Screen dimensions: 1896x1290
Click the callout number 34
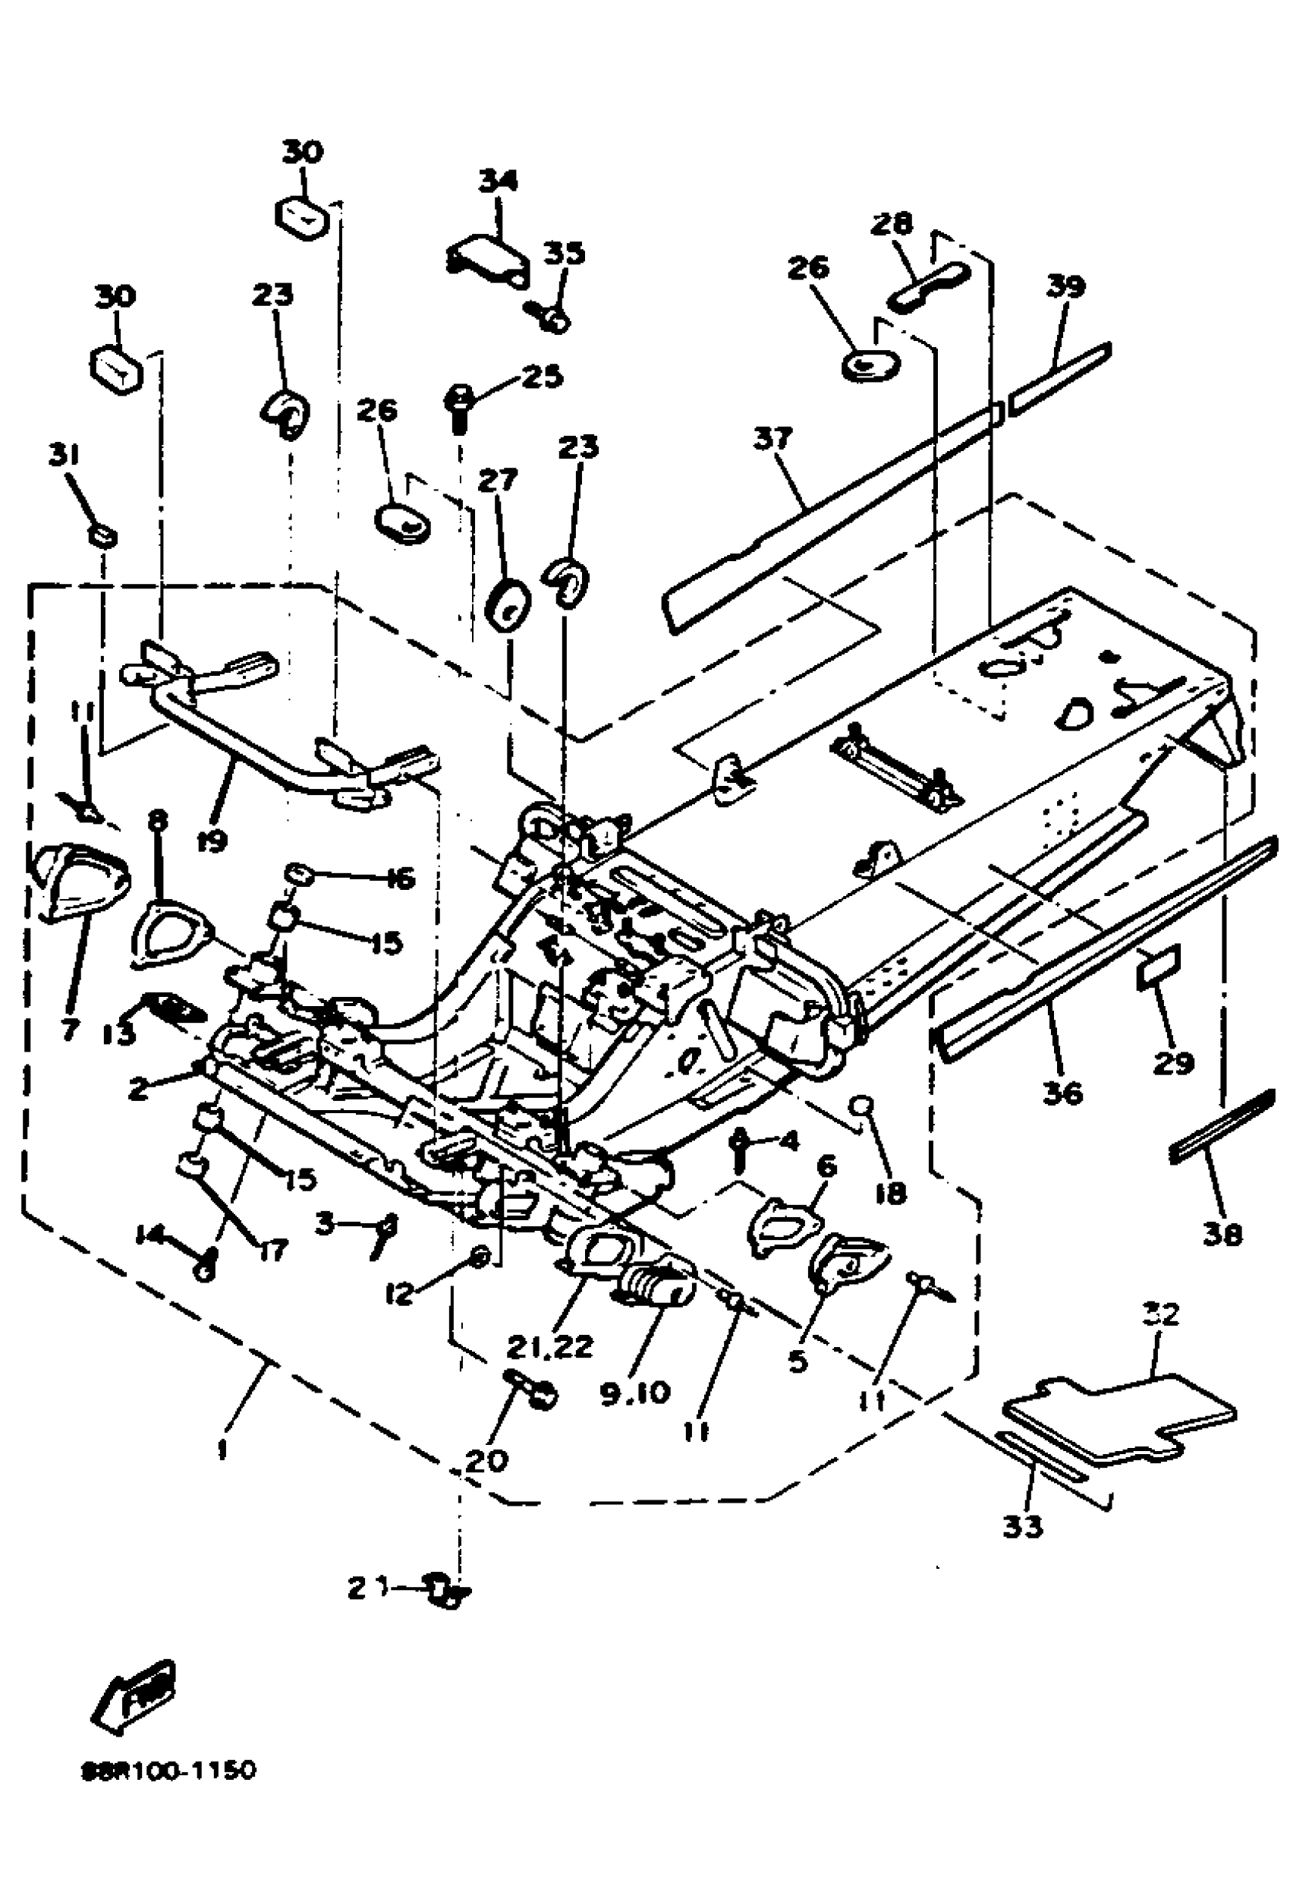pos(497,181)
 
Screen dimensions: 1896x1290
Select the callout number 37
pos(772,439)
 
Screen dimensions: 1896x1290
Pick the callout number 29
pos(1174,1062)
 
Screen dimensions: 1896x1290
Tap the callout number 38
pos(1222,1235)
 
